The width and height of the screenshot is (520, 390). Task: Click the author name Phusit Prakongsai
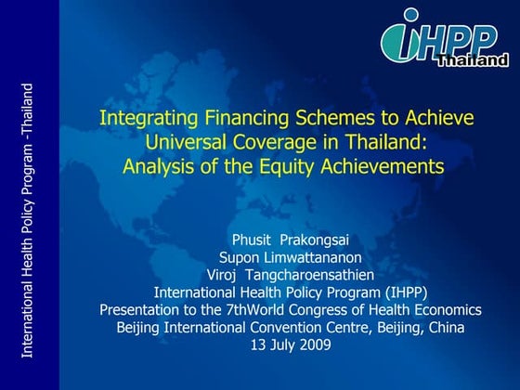pyautogui.click(x=291, y=240)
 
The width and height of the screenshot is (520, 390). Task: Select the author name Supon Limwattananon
pyautogui.click(x=291, y=257)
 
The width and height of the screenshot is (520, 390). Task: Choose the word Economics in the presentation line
pyautogui.click(x=448, y=309)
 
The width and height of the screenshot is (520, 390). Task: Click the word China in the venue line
pyautogui.click(x=445, y=327)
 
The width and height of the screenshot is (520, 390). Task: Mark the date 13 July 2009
pyautogui.click(x=291, y=344)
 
